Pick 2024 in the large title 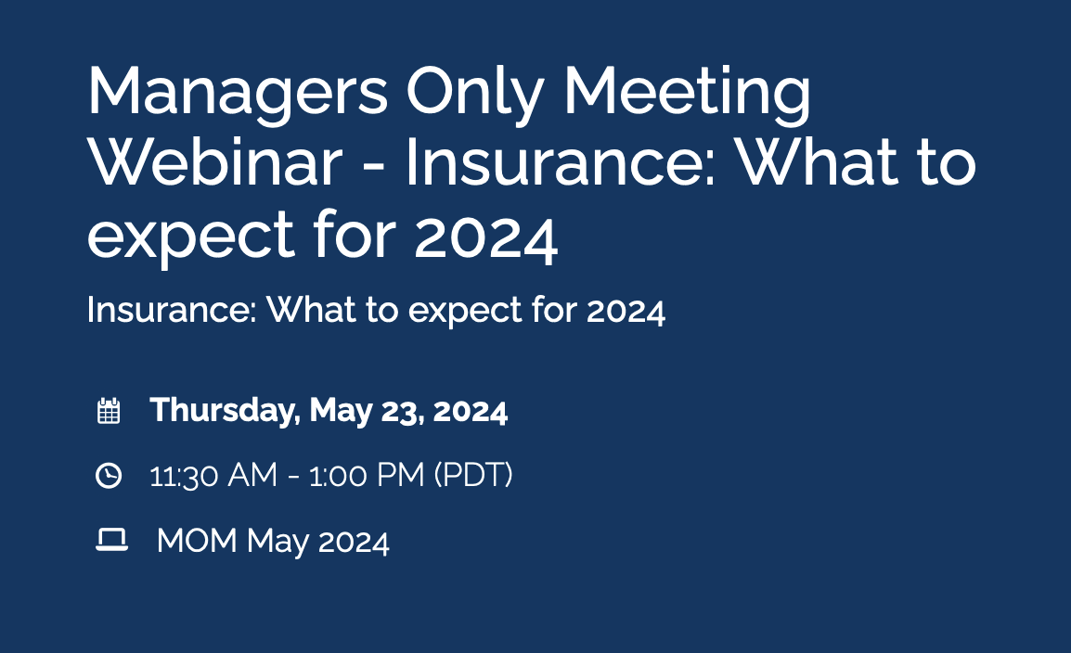click(x=485, y=237)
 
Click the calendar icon click(x=109, y=411)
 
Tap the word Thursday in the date click(x=223, y=410)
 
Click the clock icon click(x=109, y=476)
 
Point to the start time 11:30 click(x=183, y=476)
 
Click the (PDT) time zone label click(x=472, y=476)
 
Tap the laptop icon click(x=111, y=540)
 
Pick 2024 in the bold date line click(x=471, y=410)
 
